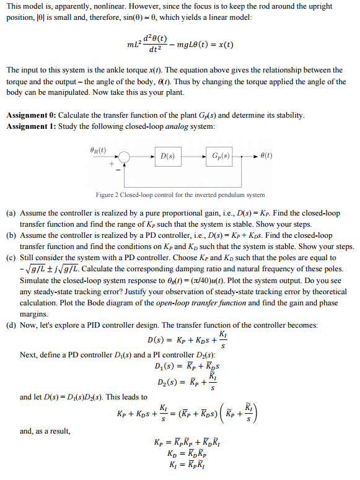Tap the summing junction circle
click(125, 157)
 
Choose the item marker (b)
click(11, 235)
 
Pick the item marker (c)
click(11, 257)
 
